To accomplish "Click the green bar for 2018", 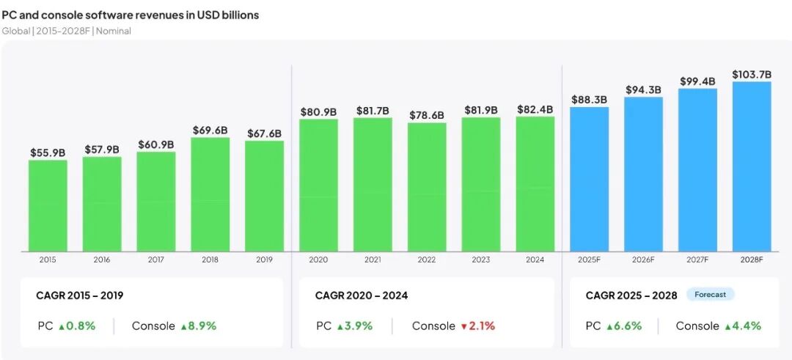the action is click(x=210, y=194).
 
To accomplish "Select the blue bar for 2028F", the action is click(x=752, y=166).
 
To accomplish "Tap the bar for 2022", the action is click(x=427, y=187).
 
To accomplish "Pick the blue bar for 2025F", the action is click(x=589, y=179).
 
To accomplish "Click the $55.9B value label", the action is click(x=48, y=153).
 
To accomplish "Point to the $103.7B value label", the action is click(x=752, y=75).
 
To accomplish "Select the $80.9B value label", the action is click(x=319, y=112).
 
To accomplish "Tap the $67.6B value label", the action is click(x=264, y=133).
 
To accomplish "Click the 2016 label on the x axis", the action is click(x=101, y=260).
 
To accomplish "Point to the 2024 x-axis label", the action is click(x=535, y=260).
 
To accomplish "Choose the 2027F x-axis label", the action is click(x=697, y=260).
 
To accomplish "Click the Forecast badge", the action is click(x=710, y=294).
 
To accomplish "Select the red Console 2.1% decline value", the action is click(x=478, y=326).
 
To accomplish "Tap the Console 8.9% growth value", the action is click(x=198, y=326).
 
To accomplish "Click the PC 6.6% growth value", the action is click(x=624, y=326).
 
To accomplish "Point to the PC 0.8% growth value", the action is click(x=77, y=326).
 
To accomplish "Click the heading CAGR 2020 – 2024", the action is click(x=362, y=295).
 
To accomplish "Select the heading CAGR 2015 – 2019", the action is click(x=79, y=295).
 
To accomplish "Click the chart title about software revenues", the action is click(x=131, y=15).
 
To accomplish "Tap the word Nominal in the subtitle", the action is click(x=114, y=31).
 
